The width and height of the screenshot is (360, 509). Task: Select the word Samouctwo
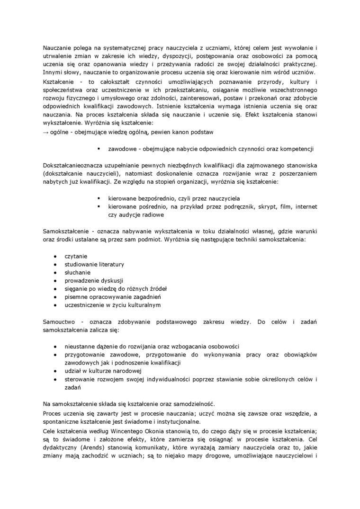point(57,322)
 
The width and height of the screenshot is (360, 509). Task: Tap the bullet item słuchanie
point(77,272)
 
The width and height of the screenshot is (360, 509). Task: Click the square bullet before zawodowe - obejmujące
point(99,149)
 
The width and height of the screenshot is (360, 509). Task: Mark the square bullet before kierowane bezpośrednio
point(99,198)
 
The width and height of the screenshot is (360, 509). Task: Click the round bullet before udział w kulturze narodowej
point(56,371)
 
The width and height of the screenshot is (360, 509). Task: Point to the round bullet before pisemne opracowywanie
point(56,297)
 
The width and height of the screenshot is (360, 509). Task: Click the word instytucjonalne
point(180,422)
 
